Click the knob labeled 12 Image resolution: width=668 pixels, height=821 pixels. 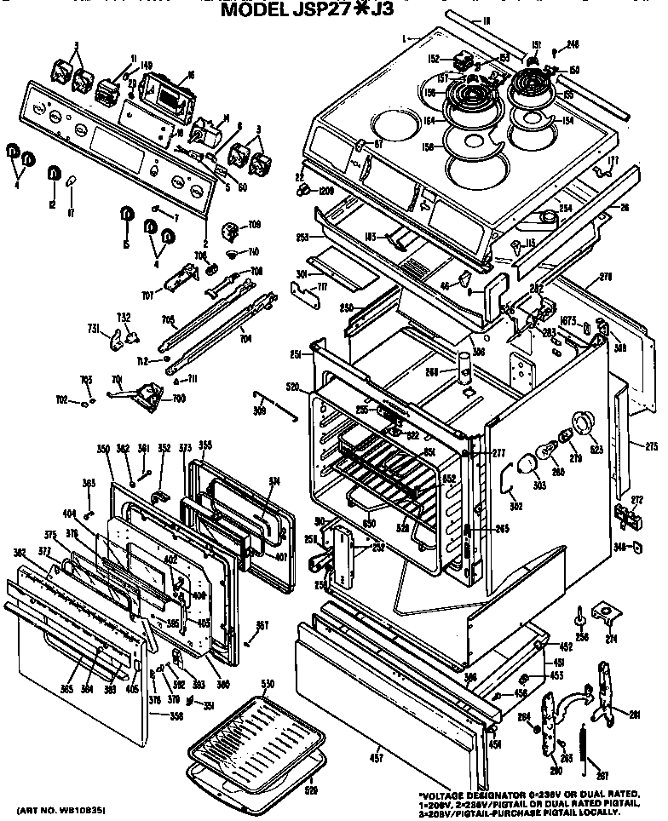coord(53,174)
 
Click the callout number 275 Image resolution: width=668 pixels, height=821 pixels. coord(651,446)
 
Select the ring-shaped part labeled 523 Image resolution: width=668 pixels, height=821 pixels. coord(584,423)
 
